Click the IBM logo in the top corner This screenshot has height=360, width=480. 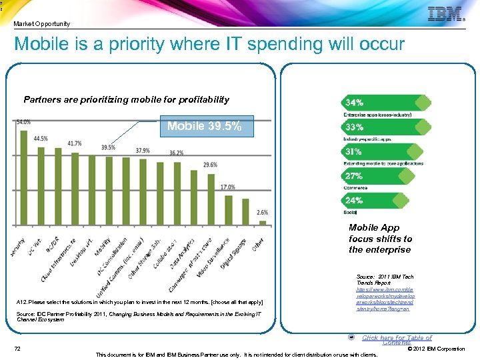pyautogui.click(x=445, y=14)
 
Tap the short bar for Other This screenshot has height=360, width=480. pyautogui.click(x=263, y=222)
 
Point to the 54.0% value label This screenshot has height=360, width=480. pyautogui.click(x=23, y=122)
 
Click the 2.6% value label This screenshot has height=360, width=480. pyautogui.click(x=263, y=213)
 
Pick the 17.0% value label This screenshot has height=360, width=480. pyautogui.click(x=227, y=187)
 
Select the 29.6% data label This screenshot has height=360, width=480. pyautogui.click(x=210, y=165)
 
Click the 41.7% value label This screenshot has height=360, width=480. pyautogui.click(x=75, y=143)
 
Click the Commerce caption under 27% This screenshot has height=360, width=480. pyautogui.click(x=355, y=188)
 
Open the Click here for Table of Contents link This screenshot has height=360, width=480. pyautogui.click(x=397, y=340)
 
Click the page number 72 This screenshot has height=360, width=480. pyautogui.click(x=18, y=349)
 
